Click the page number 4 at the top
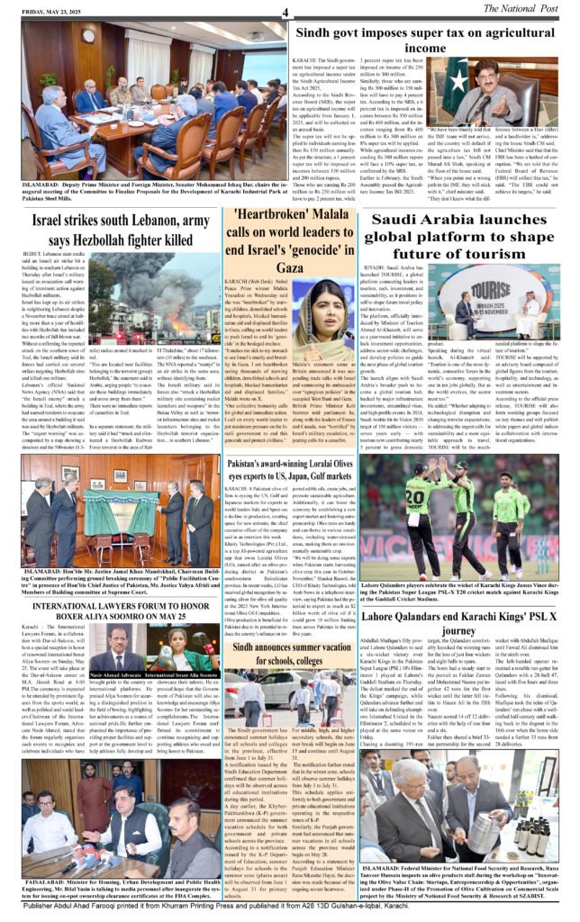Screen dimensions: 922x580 (x=284, y=12)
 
